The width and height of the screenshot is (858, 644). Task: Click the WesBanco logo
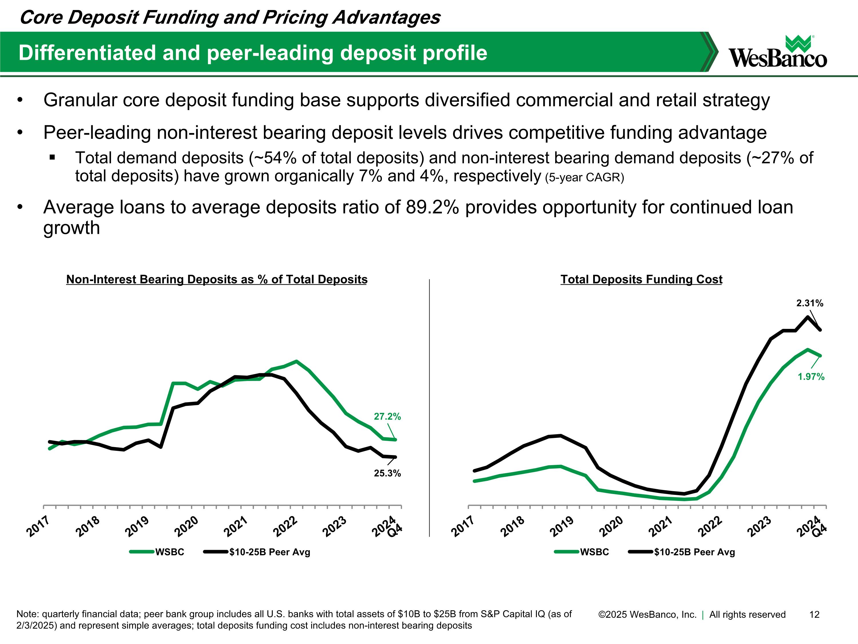coord(778,51)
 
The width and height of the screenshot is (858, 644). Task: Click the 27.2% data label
coord(387,416)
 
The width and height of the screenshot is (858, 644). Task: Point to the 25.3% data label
coord(387,473)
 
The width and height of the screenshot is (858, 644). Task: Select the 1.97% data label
coord(811,377)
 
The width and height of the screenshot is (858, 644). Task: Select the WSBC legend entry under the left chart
coord(157,552)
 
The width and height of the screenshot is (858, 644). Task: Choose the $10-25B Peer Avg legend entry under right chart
coord(682,552)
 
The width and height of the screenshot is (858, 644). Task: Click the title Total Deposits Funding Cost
coord(641,279)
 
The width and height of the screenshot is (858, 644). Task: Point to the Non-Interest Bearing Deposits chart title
coord(217,279)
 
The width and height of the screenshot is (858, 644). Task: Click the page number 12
coord(815,614)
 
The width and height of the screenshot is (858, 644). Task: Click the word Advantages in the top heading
coord(386,18)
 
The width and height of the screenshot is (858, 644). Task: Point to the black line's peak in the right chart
coord(808,317)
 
